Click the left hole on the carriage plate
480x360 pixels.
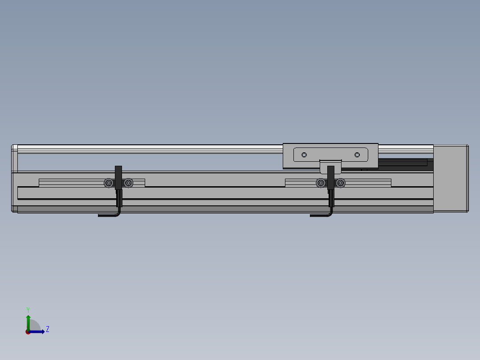304,155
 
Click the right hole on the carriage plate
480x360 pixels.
357,155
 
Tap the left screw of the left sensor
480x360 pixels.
109,183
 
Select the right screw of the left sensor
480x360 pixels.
129,183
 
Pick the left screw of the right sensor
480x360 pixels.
321,183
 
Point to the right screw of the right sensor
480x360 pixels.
340,183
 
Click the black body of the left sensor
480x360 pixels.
118,178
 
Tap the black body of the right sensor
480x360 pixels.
330,178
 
